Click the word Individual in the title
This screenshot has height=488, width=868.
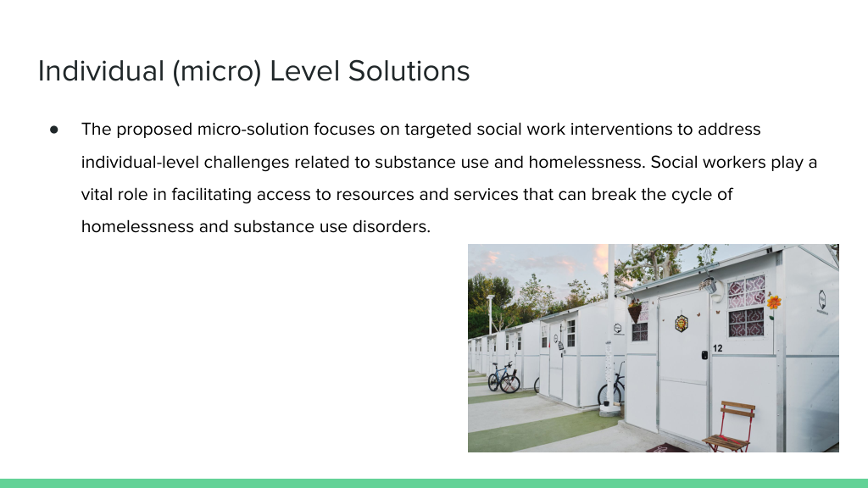(x=102, y=71)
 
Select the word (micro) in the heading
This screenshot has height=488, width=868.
(x=217, y=72)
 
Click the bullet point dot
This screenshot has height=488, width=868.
(x=53, y=130)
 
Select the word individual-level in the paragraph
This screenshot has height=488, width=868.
(x=141, y=162)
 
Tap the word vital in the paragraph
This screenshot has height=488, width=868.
(x=97, y=194)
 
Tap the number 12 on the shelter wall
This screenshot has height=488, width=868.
(x=717, y=348)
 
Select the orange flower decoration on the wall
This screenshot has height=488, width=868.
(x=774, y=302)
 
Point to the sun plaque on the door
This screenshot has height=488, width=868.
(x=682, y=323)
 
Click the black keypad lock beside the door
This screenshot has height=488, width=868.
(x=704, y=355)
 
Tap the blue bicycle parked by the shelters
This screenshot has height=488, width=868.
(x=504, y=377)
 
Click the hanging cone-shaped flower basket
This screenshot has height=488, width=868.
(x=635, y=313)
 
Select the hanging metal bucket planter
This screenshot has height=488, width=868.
(x=709, y=286)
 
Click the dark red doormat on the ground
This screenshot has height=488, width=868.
(x=667, y=448)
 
